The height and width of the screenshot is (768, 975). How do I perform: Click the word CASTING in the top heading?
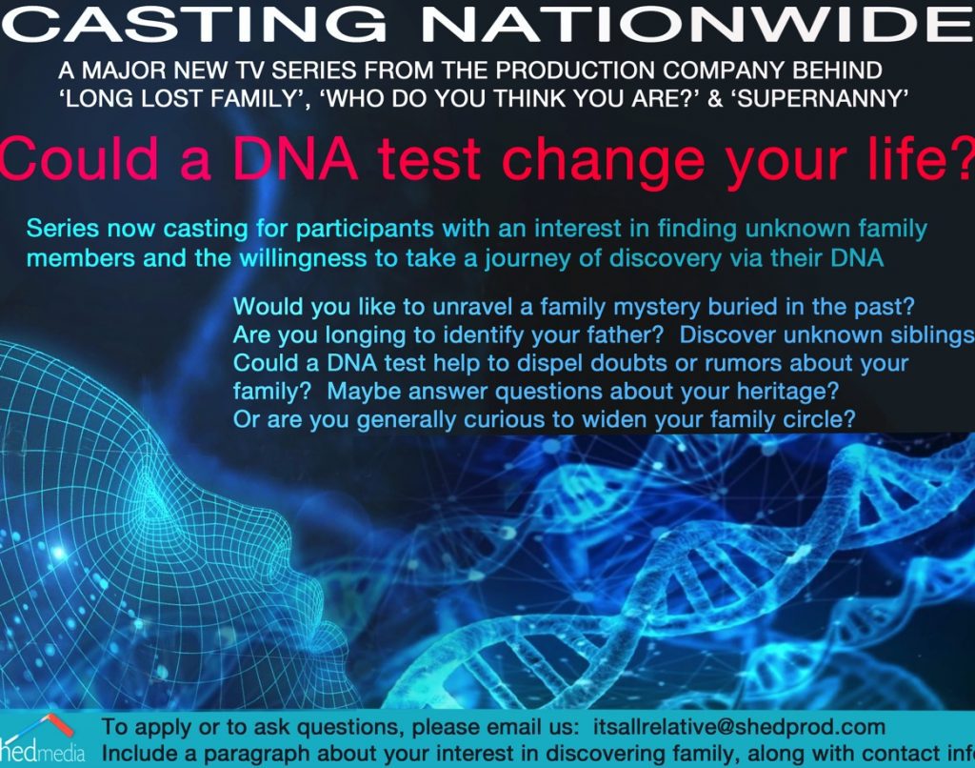[199, 23]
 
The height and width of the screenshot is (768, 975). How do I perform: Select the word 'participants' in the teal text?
[365, 230]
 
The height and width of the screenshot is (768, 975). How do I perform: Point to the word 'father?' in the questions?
[626, 335]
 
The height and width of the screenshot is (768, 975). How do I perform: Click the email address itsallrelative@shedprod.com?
[739, 727]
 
